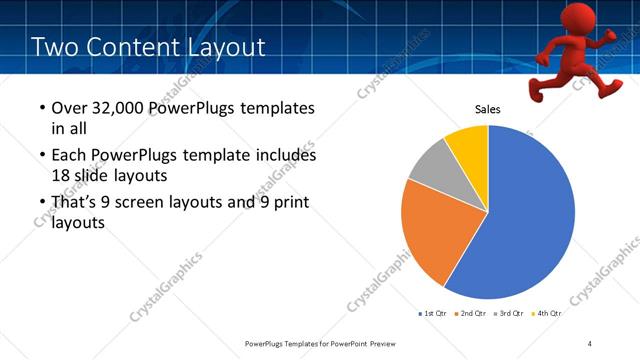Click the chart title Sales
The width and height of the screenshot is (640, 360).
point(487,110)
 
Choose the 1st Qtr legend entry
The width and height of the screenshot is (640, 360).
point(433,313)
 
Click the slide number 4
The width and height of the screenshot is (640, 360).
point(590,343)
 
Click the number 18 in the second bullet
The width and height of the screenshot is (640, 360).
point(62,175)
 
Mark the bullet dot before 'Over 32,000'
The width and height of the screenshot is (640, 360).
point(40,109)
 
